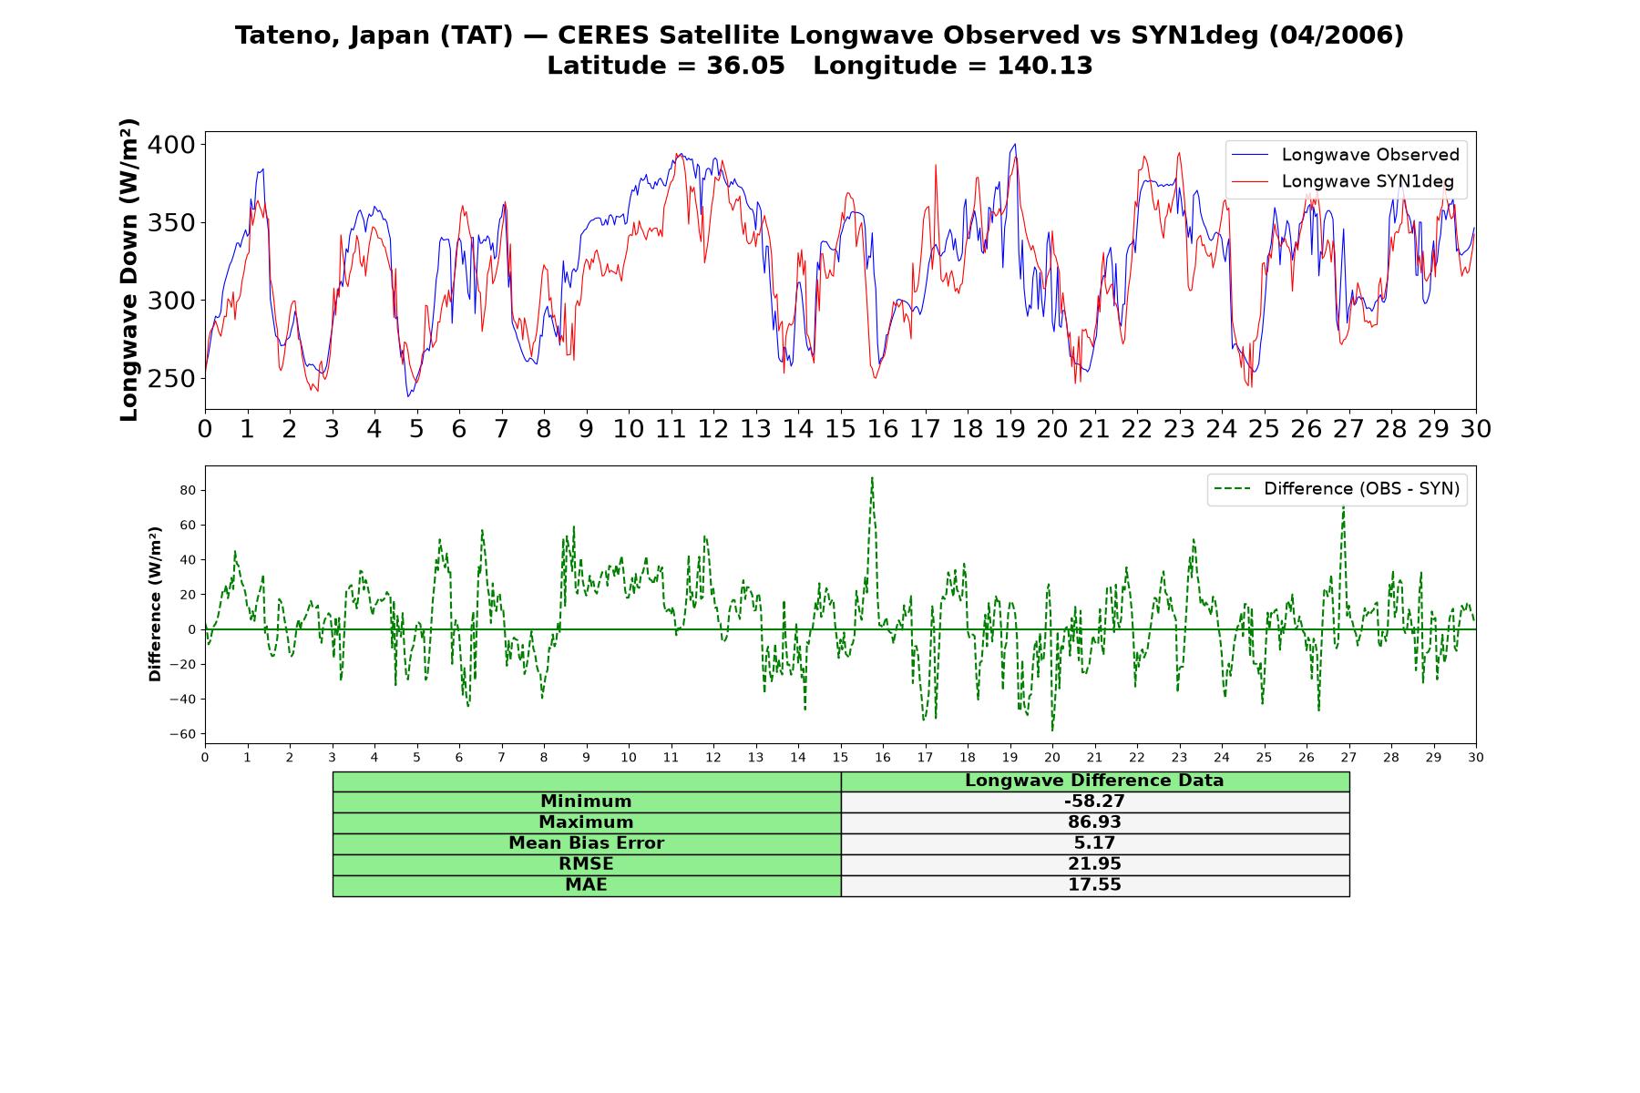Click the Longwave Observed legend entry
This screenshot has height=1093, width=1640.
[1345, 155]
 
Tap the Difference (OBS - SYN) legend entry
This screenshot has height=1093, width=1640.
[1337, 489]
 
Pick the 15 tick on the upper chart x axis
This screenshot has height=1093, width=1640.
[840, 428]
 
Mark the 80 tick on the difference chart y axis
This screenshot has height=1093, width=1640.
[189, 490]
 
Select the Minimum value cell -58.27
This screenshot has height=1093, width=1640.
[1094, 802]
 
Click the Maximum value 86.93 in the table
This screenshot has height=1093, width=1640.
[1094, 822]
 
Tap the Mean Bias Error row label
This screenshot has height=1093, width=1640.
[586, 843]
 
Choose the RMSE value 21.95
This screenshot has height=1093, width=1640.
[1094, 864]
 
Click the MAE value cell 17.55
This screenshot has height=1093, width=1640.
[1094, 885]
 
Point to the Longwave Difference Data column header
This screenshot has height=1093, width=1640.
[1094, 781]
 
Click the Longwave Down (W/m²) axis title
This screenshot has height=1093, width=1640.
[128, 270]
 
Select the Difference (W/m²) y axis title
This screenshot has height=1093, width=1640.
[155, 604]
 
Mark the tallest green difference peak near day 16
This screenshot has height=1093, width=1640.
[872, 477]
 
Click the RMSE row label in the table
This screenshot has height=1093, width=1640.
[586, 864]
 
